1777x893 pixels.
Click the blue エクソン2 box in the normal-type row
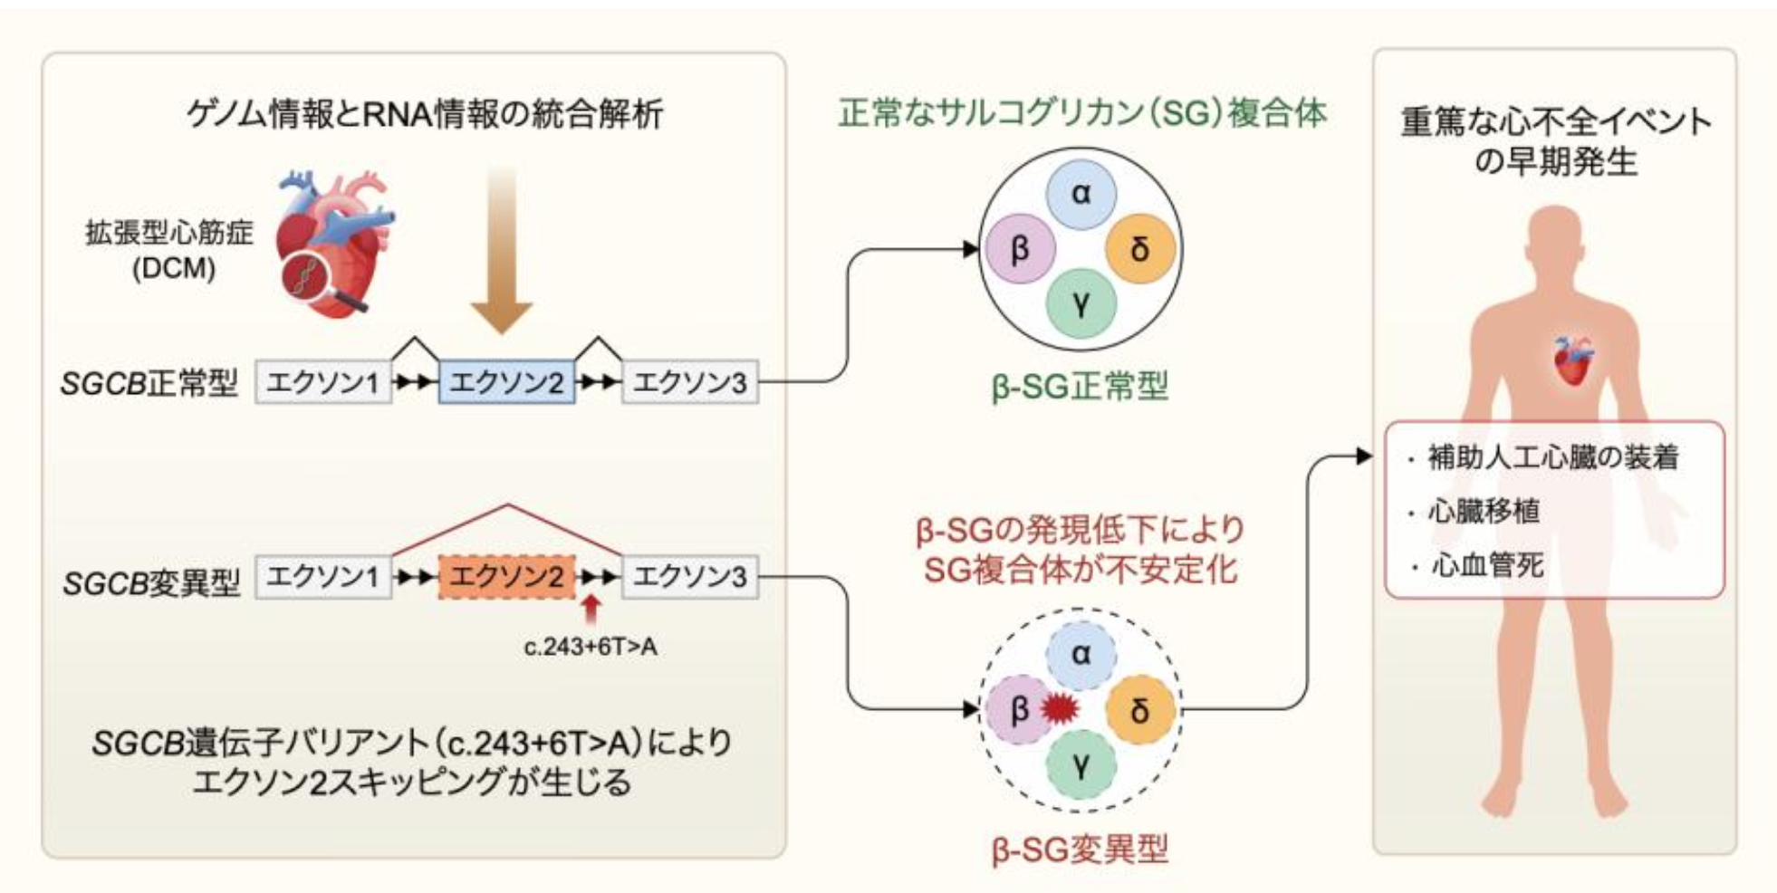click(506, 381)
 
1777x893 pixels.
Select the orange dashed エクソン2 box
click(506, 576)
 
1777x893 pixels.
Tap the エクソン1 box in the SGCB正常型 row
click(323, 381)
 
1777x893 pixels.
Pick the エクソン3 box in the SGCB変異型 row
click(689, 576)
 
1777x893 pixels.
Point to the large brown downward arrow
click(501, 249)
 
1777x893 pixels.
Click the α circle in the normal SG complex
click(1081, 193)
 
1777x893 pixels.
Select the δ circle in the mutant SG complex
click(1140, 710)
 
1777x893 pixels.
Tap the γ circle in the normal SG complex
click(1081, 303)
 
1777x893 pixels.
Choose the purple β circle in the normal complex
click(1021, 248)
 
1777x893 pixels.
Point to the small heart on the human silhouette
click(1572, 360)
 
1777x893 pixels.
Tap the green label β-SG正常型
click(1080, 387)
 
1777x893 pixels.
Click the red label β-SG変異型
click(1080, 850)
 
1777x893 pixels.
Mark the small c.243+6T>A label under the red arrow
click(591, 648)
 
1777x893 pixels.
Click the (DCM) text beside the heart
click(174, 269)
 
